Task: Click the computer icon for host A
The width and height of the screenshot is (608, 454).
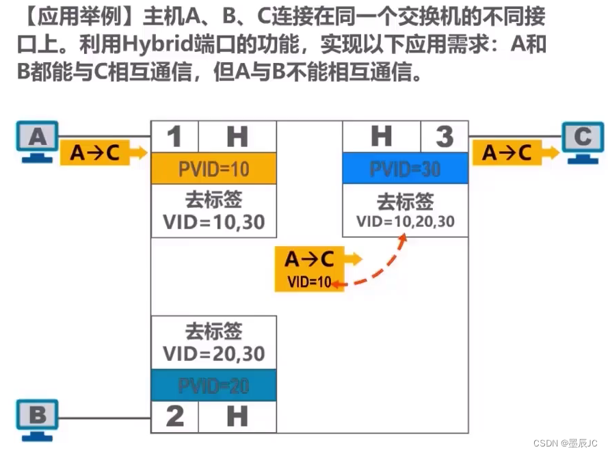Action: pyautogui.click(x=38, y=142)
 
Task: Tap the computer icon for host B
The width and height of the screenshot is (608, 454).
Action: pyautogui.click(x=38, y=417)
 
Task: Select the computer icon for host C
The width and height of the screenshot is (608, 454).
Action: pyautogui.click(x=582, y=142)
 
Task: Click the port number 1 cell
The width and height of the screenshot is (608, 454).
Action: pyautogui.click(x=175, y=137)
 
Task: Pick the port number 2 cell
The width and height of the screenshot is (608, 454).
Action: pyautogui.click(x=175, y=416)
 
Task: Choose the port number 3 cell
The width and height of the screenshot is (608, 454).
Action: pyautogui.click(x=444, y=137)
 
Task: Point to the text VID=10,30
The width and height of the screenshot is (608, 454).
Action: pyautogui.click(x=213, y=222)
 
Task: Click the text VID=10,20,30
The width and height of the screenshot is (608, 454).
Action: pyautogui.click(x=405, y=222)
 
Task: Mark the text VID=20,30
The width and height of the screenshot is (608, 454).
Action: pyautogui.click(x=213, y=353)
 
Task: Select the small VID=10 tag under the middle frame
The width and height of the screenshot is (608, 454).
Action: pyautogui.click(x=309, y=281)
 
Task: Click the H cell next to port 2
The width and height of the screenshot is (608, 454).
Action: pyautogui.click(x=237, y=416)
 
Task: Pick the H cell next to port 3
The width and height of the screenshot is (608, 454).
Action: pyautogui.click(x=381, y=137)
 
